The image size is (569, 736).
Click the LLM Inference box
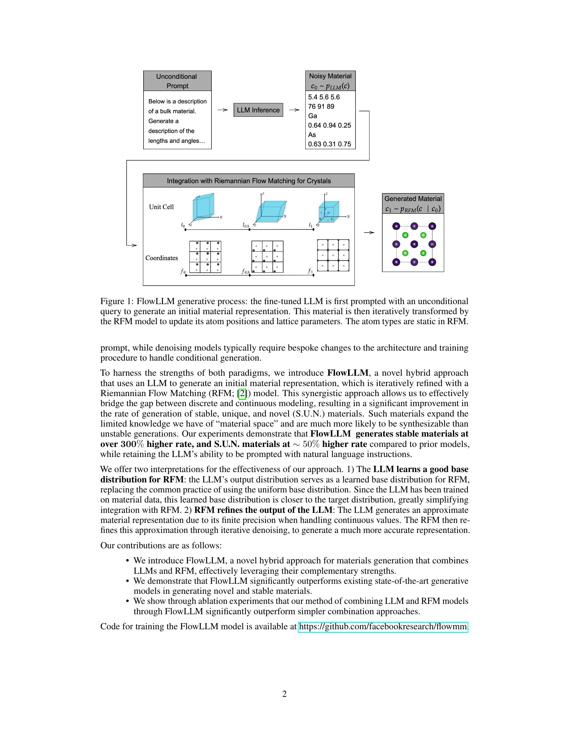(x=258, y=110)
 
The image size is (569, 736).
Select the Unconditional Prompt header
(x=177, y=81)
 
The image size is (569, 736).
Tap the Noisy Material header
(x=330, y=81)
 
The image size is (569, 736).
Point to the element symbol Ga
(x=313, y=116)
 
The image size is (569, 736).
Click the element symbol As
(x=312, y=135)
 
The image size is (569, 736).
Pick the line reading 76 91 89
(x=321, y=106)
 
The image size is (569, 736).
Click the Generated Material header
(x=413, y=203)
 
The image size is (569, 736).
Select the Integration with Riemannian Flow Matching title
(x=249, y=181)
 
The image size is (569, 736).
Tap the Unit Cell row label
(x=161, y=207)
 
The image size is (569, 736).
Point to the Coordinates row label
(x=161, y=258)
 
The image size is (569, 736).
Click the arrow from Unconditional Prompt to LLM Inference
(x=223, y=110)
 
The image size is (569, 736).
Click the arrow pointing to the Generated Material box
(x=370, y=233)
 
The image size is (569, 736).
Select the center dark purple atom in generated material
(x=414, y=244)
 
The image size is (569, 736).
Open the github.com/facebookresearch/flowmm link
(x=383, y=627)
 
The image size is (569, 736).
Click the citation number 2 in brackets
(x=242, y=393)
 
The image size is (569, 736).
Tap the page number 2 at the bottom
(x=284, y=694)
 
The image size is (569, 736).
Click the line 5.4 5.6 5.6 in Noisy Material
(x=324, y=97)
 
